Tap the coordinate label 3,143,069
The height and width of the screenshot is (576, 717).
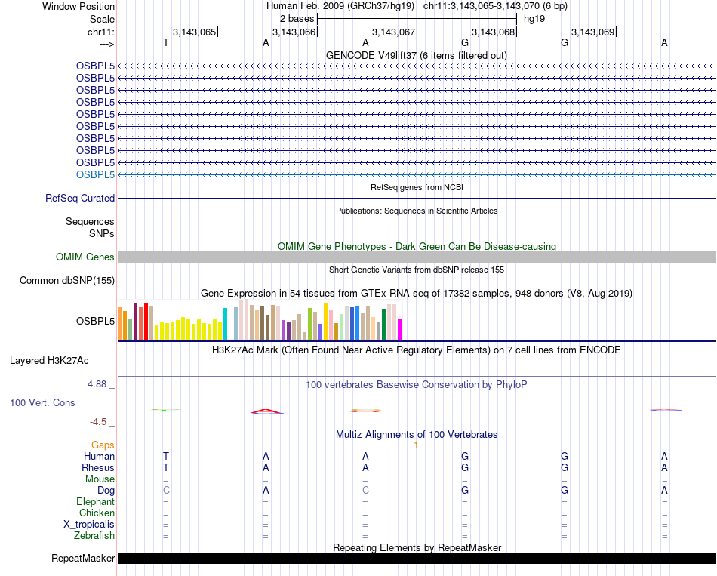click(592, 32)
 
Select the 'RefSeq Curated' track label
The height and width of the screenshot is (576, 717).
click(80, 198)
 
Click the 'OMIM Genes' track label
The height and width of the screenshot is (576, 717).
click(85, 257)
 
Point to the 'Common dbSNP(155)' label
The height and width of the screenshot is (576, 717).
click(67, 281)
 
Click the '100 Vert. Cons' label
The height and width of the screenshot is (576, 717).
click(42, 403)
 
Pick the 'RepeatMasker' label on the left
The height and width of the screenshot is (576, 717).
click(83, 559)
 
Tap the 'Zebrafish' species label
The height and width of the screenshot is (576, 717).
click(95, 536)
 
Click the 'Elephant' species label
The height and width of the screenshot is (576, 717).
click(96, 502)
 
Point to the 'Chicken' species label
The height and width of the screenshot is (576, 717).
click(97, 513)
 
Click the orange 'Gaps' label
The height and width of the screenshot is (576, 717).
click(103, 445)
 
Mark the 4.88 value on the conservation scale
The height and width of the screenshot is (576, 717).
click(100, 384)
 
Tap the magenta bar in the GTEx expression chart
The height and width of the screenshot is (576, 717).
click(399, 329)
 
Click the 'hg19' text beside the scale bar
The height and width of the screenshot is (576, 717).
click(534, 17)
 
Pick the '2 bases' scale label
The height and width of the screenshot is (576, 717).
click(296, 17)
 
